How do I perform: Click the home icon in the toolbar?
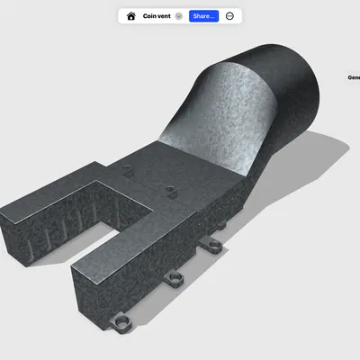(x=131, y=16)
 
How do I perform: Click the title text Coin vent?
(x=157, y=16)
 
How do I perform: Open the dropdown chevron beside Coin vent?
(x=179, y=16)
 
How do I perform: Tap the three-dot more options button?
(x=230, y=16)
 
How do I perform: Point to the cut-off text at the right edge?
(x=354, y=77)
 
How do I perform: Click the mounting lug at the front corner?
(x=120, y=322)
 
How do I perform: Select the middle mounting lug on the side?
(x=175, y=276)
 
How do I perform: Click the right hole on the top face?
(x=170, y=189)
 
